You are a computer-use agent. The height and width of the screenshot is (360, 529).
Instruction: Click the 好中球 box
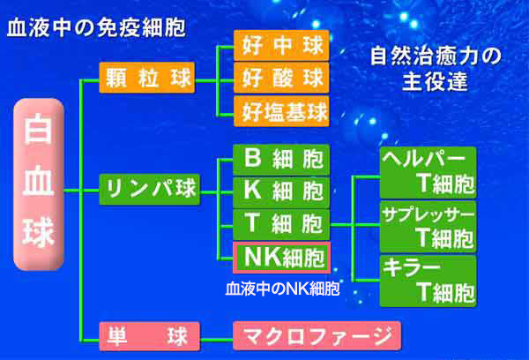(x=281, y=43)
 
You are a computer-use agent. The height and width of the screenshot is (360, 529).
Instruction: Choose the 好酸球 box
(x=281, y=77)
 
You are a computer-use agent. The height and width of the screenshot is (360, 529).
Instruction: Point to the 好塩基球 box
(x=281, y=111)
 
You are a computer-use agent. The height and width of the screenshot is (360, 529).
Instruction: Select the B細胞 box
(x=281, y=160)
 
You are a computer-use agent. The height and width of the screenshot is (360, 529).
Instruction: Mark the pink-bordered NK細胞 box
(x=281, y=258)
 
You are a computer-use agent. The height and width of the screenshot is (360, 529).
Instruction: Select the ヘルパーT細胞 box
(x=428, y=171)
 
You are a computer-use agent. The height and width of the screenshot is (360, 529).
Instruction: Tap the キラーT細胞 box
(x=428, y=280)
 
